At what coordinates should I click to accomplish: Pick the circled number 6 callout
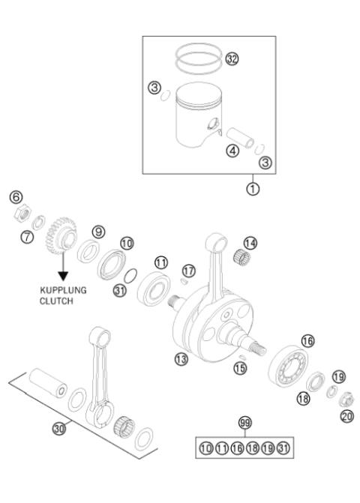(15, 197)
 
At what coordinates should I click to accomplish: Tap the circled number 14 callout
(250, 243)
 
